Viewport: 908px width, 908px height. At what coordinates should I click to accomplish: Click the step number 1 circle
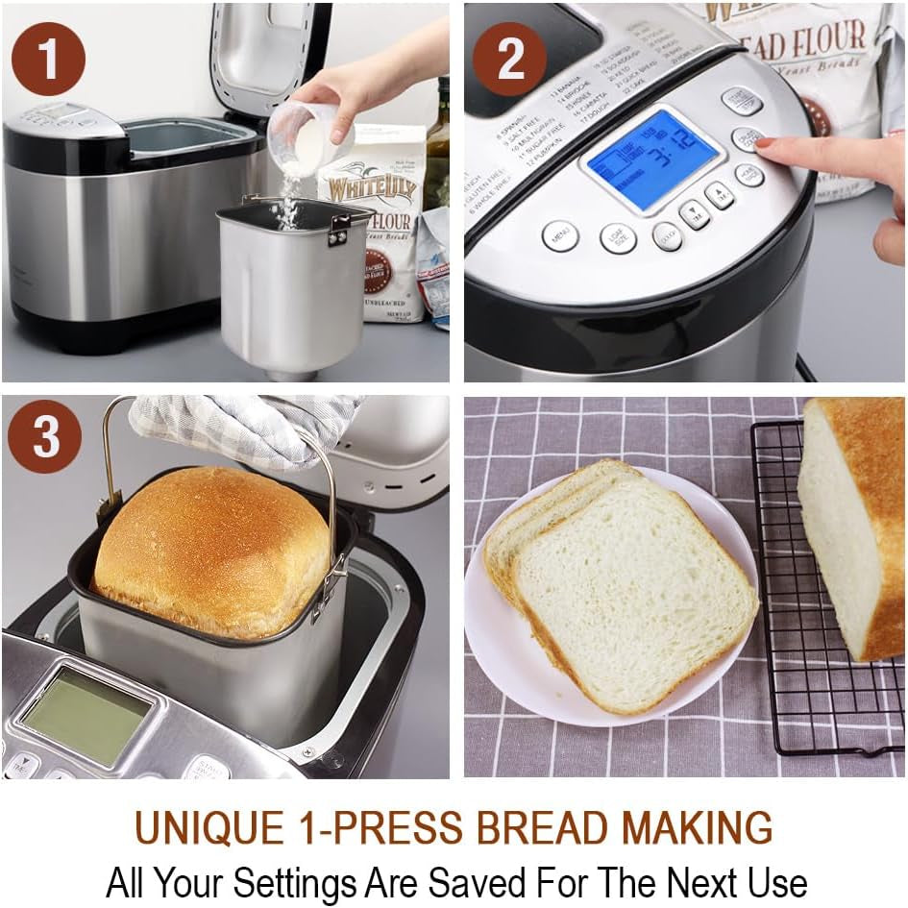point(48,60)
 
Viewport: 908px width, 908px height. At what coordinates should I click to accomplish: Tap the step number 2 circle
point(510,60)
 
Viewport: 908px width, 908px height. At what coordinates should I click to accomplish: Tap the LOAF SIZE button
point(618,237)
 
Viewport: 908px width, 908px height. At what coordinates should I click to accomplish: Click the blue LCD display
point(652,160)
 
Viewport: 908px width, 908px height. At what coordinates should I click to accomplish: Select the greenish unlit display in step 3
point(86,715)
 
